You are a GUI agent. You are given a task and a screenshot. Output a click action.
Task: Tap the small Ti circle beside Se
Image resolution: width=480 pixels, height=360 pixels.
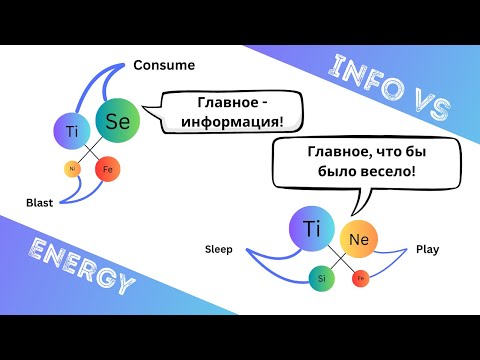(x=71, y=131)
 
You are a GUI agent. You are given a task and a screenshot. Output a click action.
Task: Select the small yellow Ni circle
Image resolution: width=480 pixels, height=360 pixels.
(x=72, y=168)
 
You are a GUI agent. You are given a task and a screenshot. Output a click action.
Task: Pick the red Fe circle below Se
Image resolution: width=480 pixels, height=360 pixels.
(x=108, y=170)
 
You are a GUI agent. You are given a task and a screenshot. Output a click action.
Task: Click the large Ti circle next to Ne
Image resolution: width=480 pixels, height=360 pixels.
(x=310, y=229)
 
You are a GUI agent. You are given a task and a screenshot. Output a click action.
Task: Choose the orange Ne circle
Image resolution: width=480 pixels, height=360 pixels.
(x=358, y=240)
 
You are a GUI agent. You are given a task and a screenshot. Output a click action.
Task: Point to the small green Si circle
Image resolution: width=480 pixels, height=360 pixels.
(x=321, y=277)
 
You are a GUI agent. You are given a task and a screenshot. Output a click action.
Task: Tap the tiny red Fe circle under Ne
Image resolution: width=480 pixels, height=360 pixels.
(x=360, y=277)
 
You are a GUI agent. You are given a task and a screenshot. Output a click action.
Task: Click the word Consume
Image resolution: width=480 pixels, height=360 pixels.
(x=163, y=66)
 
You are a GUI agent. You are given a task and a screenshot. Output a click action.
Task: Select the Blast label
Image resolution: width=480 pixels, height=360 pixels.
(x=40, y=202)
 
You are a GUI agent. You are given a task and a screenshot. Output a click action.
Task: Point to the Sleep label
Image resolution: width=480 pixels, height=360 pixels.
(x=218, y=249)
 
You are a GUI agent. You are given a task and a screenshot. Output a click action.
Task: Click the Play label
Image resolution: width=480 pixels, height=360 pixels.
(x=427, y=249)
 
